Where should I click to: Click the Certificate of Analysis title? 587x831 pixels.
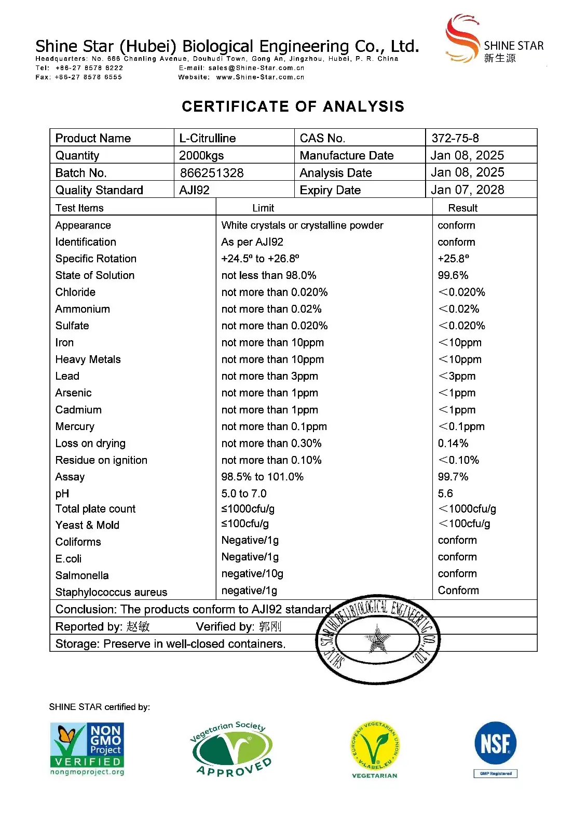[x=293, y=106]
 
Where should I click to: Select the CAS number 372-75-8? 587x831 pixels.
[x=455, y=138]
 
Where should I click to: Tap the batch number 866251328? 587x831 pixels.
[x=212, y=173]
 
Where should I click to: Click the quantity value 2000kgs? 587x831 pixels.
[x=201, y=155]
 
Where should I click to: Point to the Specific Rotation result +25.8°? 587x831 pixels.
[x=453, y=259]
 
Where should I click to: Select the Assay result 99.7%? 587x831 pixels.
[x=453, y=477]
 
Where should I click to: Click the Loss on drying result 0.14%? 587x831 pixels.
[x=453, y=444]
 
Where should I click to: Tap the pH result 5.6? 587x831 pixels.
[x=445, y=493]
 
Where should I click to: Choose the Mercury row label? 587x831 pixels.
[x=75, y=426]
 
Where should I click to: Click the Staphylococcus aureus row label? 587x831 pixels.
[x=111, y=592]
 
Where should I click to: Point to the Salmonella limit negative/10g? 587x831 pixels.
[x=252, y=574]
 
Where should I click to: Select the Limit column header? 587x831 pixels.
[x=263, y=208]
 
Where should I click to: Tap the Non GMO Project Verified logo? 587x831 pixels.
[x=87, y=749]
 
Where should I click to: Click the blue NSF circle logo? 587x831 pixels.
[x=496, y=743]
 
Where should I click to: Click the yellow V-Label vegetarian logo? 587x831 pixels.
[x=375, y=746]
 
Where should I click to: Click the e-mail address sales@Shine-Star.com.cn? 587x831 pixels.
[x=256, y=68]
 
